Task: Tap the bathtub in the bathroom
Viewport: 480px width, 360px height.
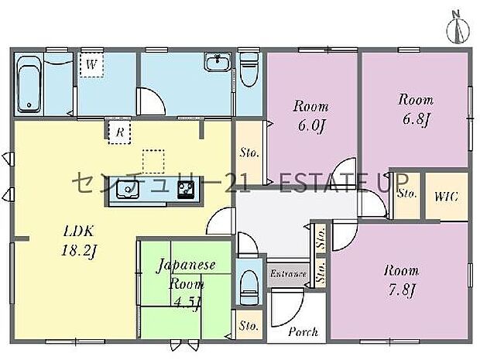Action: [28, 84]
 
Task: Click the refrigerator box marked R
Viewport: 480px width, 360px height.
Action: [119, 132]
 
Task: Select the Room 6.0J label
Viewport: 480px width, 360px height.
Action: [310, 115]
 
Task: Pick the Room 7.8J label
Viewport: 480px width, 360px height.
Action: [401, 280]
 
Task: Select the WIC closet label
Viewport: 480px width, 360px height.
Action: [447, 196]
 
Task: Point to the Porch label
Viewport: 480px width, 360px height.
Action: [303, 331]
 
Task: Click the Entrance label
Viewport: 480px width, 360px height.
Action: [288, 273]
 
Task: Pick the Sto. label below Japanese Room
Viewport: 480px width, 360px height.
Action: [248, 325]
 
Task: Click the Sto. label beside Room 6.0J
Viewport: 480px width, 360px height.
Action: [249, 153]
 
